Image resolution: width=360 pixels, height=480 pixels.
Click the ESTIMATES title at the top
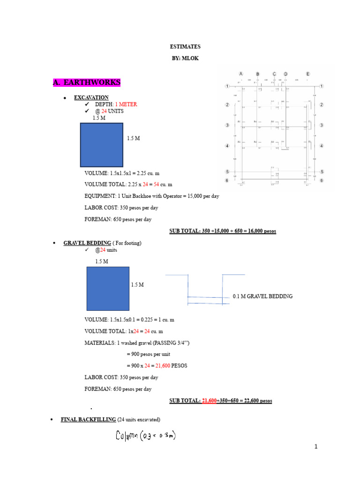pyautogui.click(x=185, y=47)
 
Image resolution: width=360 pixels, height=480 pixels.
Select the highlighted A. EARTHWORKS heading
pyautogui.click(x=87, y=82)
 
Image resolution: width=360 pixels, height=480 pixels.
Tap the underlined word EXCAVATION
pyautogui.click(x=91, y=97)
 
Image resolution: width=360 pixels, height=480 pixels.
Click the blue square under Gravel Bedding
pyautogui.click(x=108, y=288)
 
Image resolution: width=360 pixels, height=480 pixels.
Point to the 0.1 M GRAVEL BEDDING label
pyautogui.click(x=262, y=296)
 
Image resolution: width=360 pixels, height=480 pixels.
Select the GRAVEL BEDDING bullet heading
pyautogui.click(x=87, y=243)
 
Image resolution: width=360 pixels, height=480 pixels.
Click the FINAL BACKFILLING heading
pyautogui.click(x=88, y=420)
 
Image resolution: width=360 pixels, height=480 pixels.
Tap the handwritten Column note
pyautogui.click(x=145, y=436)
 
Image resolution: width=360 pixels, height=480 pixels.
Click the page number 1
pyautogui.click(x=316, y=447)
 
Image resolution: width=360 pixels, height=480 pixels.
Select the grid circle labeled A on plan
pyautogui.click(x=241, y=74)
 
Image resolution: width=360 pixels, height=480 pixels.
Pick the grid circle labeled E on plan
pyautogui.click(x=308, y=74)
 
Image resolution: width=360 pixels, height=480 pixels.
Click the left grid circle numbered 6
pyautogui.click(x=227, y=180)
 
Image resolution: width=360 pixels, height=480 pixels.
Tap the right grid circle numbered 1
pyautogui.click(x=322, y=86)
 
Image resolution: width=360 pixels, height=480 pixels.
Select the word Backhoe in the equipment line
pyautogui.click(x=142, y=196)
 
